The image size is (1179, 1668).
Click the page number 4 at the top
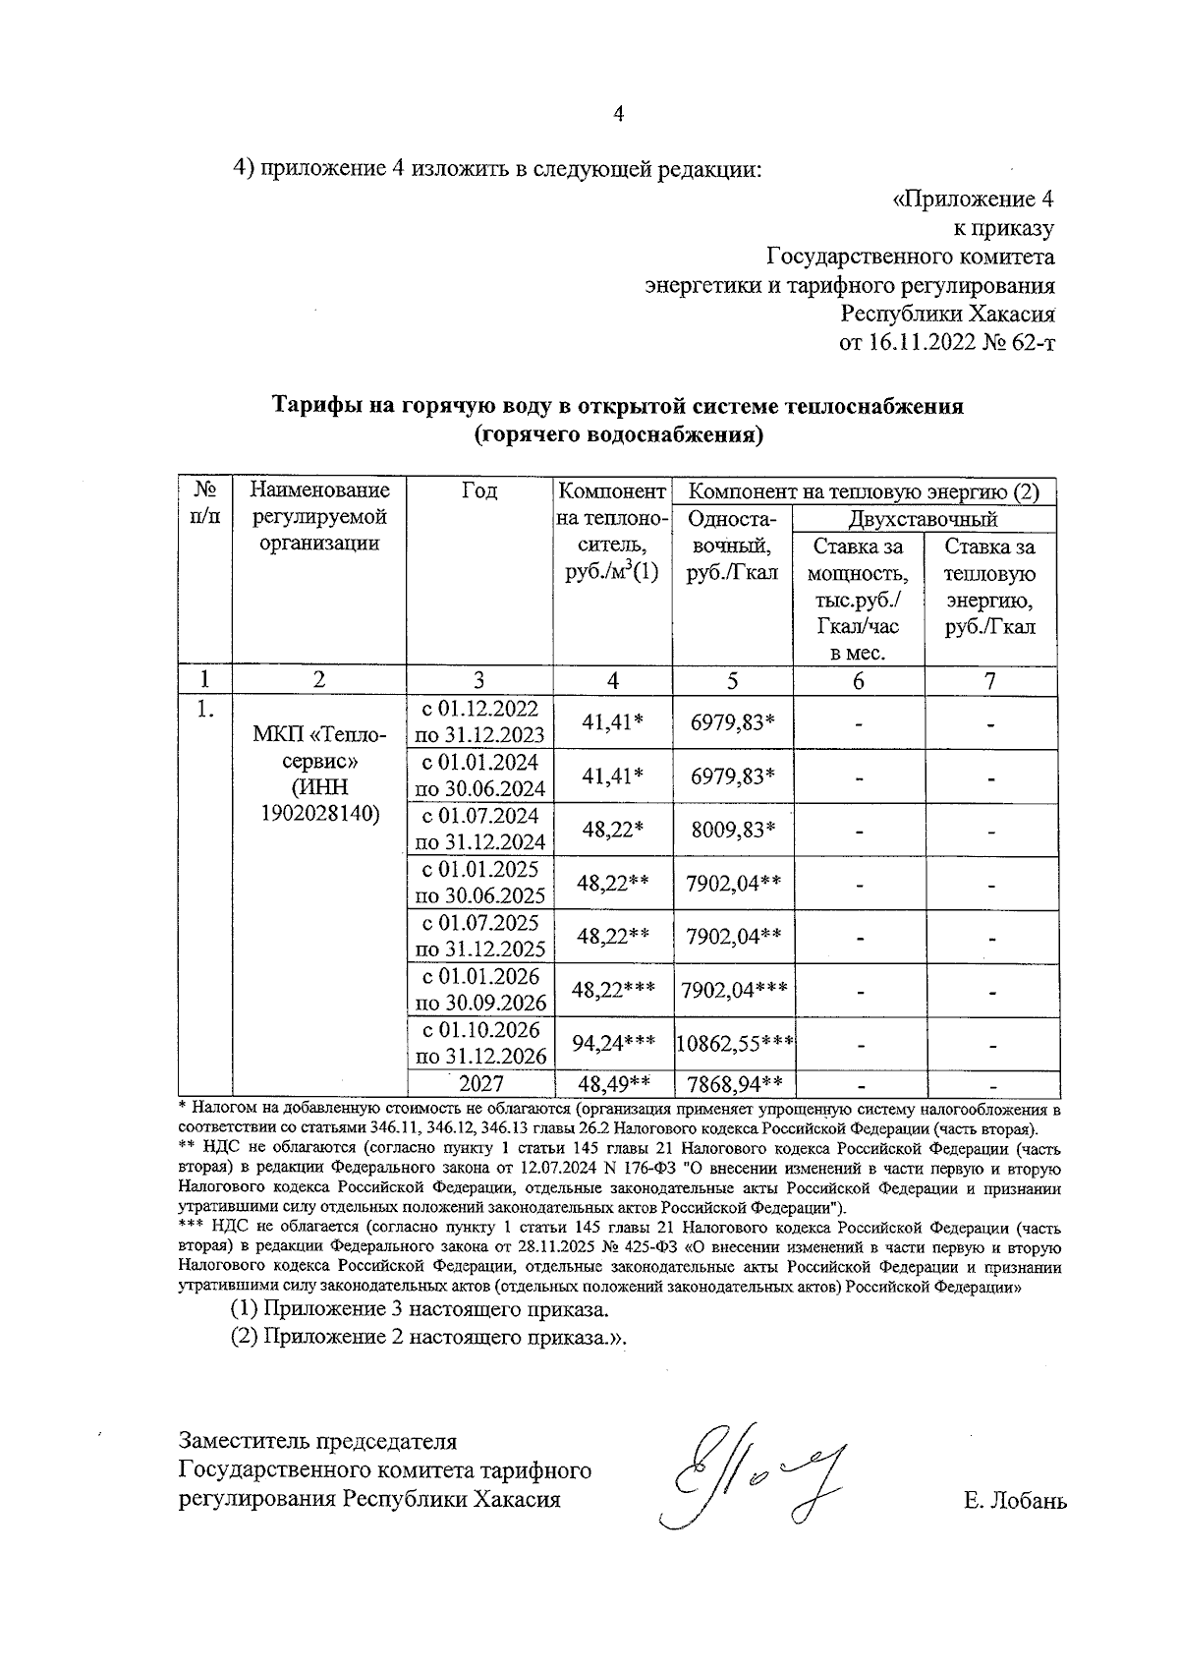pyautogui.click(x=618, y=114)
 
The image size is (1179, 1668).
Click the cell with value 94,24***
pyautogui.click(x=613, y=1044)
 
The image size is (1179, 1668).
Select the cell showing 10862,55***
pyautogui.click(x=735, y=1044)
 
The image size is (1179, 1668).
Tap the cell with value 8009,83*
pyautogui.click(x=733, y=830)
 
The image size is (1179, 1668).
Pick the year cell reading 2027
pyautogui.click(x=480, y=1083)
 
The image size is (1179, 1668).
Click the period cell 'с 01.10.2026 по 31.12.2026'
pyautogui.click(x=480, y=1044)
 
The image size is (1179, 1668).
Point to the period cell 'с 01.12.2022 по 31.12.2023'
pyautogui.click(x=480, y=722)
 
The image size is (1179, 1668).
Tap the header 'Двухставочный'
pyautogui.click(x=923, y=519)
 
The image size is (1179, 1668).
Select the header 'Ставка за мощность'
pyautogui.click(x=859, y=560)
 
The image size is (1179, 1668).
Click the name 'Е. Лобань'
pyautogui.click(x=1015, y=1501)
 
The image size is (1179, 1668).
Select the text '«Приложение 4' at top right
pyautogui.click(x=973, y=200)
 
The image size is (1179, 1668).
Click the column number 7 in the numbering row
pyautogui.click(x=990, y=680)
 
